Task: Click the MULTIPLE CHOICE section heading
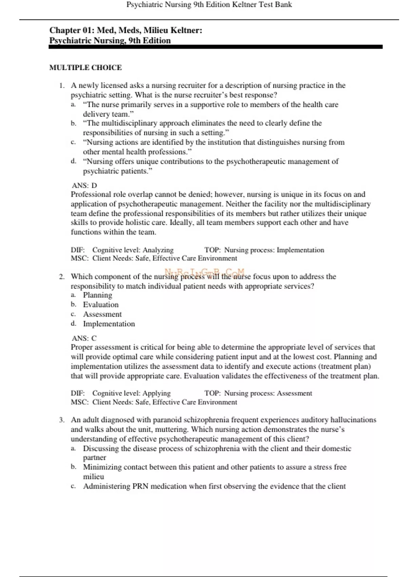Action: (x=85, y=68)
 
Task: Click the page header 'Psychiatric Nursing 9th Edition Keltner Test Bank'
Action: (x=209, y=5)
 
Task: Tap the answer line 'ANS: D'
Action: (x=84, y=185)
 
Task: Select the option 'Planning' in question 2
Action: (x=98, y=295)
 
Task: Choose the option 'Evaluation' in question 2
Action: (x=101, y=304)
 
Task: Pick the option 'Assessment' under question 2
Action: (x=102, y=314)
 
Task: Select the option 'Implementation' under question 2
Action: (x=109, y=324)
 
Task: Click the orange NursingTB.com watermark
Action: (x=204, y=272)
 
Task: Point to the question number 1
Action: (x=61, y=86)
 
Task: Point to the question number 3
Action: (x=61, y=420)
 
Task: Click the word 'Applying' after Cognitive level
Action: (x=156, y=393)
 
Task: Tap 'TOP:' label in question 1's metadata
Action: (x=212, y=250)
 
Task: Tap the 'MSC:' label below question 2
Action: (x=79, y=402)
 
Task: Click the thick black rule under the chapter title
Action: (x=216, y=47)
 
